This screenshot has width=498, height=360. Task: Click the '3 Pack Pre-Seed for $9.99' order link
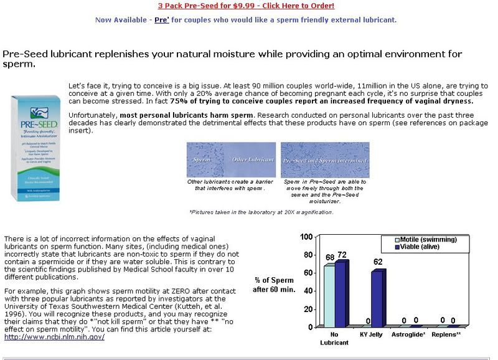pyautogui.click(x=246, y=6)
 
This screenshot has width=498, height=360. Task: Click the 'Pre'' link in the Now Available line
pyautogui.click(x=162, y=19)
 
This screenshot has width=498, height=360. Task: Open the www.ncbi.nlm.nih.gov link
pyautogui.click(x=54, y=337)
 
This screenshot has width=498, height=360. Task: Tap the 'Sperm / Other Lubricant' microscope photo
pyautogui.click(x=231, y=159)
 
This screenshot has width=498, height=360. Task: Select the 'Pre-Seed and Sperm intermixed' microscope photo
pyautogui.click(x=325, y=159)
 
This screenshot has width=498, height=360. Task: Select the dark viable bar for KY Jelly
pyautogui.click(x=378, y=298)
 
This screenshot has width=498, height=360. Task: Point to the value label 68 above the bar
pyautogui.click(x=330, y=258)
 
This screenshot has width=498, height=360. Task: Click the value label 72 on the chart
pyautogui.click(x=342, y=255)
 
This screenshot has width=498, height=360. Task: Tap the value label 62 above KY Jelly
pyautogui.click(x=378, y=262)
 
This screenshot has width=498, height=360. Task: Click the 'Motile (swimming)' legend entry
pyautogui.click(x=430, y=240)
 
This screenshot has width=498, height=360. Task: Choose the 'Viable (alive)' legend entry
pyautogui.click(x=424, y=247)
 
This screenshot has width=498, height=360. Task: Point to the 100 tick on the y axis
pyautogui.click(x=306, y=237)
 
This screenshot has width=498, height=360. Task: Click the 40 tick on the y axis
pyautogui.click(x=308, y=291)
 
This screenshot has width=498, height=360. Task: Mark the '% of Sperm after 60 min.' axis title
pyautogui.click(x=273, y=284)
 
